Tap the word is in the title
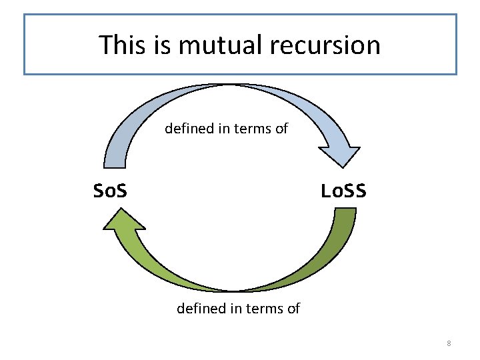[163, 45]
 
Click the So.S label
[111, 192]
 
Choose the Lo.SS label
[343, 192]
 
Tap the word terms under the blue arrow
[251, 128]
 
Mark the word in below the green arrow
[235, 308]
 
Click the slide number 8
[449, 343]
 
